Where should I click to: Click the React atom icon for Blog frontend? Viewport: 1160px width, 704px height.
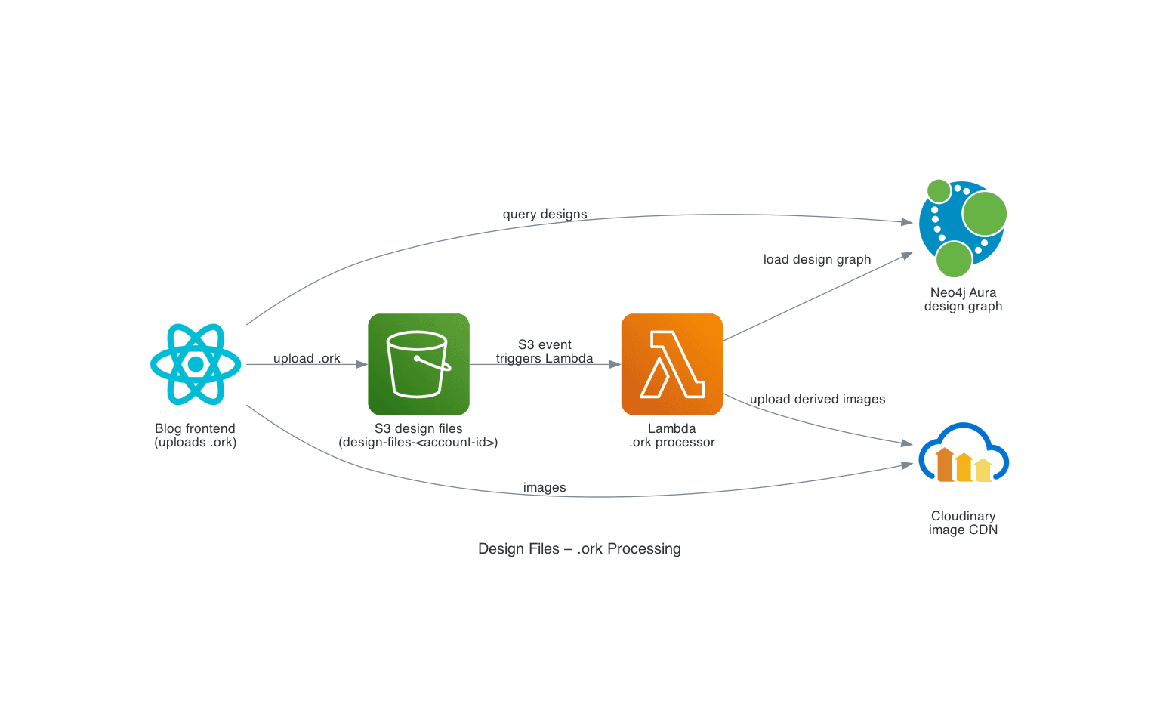[x=196, y=364]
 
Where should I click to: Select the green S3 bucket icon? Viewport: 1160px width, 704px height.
[x=418, y=364]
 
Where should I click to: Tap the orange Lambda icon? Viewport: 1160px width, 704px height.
[x=671, y=364]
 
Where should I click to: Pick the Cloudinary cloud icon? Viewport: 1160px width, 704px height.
[x=963, y=453]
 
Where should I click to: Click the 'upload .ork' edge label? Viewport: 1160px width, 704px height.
[x=307, y=358]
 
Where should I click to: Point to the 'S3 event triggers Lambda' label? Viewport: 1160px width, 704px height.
[x=545, y=351]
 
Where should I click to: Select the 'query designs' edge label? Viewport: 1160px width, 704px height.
[x=545, y=214]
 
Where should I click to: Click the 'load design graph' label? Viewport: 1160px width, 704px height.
[x=816, y=259]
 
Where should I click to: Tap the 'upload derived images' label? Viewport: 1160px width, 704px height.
[x=817, y=399]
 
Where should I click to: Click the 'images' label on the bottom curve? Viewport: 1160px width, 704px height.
[x=545, y=487]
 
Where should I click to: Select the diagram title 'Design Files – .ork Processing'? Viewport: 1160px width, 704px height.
[x=579, y=548]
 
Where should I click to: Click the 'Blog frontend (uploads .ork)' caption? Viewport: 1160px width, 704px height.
[x=196, y=435]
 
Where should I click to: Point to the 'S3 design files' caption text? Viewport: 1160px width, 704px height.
[x=418, y=428]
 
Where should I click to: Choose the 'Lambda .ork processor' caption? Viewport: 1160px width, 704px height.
[x=671, y=435]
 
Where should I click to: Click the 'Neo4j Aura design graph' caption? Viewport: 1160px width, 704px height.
[x=963, y=299]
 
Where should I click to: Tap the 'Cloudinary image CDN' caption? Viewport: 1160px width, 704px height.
[x=963, y=523]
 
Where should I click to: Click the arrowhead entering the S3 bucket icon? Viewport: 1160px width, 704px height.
[x=362, y=364]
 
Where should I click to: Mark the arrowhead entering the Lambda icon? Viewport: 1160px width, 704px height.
[x=615, y=364]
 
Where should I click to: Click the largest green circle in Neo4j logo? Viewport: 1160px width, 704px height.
[x=984, y=214]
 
